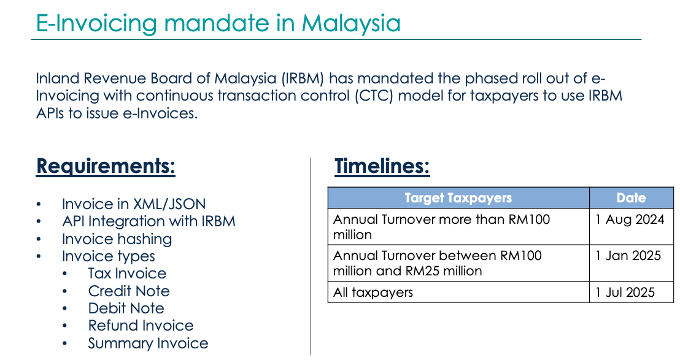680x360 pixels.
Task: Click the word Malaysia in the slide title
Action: tap(351, 23)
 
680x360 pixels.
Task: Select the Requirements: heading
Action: tap(106, 166)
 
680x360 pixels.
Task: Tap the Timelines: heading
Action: tap(382, 166)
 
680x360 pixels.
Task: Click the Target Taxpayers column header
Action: tap(458, 198)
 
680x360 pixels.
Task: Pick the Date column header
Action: tap(631, 198)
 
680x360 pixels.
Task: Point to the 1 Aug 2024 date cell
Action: tap(630, 220)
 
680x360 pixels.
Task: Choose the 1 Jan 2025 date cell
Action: tap(628, 256)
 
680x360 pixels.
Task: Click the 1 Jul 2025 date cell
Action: tap(625, 293)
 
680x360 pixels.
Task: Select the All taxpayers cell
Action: tap(373, 293)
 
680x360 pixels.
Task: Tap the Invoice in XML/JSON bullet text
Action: tap(134, 204)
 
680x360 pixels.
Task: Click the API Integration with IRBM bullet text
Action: tap(149, 221)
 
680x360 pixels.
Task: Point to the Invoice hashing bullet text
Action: tap(117, 239)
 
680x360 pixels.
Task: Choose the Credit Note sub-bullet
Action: tap(129, 291)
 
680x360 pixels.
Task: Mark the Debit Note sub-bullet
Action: tap(126, 308)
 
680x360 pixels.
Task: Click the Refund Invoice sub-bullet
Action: tap(141, 326)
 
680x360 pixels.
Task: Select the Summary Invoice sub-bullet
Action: tap(149, 343)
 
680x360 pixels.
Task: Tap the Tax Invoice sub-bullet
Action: tap(127, 274)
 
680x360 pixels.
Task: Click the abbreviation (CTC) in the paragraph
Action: tap(374, 96)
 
